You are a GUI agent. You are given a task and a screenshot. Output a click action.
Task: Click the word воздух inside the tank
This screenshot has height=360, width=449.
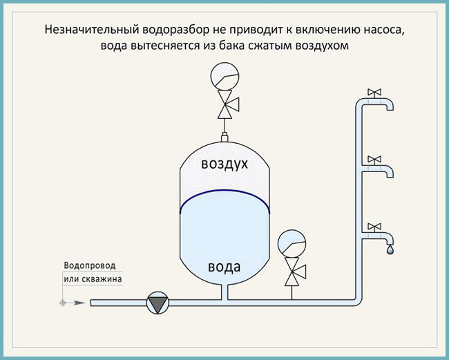(224, 164)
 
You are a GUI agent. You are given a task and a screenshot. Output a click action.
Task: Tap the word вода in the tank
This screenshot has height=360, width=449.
(224, 267)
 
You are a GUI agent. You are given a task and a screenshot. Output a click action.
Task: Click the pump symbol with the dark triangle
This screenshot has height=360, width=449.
(157, 303)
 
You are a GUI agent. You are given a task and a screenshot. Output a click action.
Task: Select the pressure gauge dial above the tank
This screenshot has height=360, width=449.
(224, 77)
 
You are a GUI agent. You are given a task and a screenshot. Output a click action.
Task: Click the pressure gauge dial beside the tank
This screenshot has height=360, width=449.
(292, 243)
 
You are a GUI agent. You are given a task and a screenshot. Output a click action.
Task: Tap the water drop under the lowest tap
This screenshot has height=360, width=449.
(390, 249)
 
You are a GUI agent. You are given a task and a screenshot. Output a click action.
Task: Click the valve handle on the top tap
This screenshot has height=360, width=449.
(374, 92)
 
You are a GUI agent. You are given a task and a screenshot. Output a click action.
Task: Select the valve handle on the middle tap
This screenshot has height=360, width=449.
(374, 159)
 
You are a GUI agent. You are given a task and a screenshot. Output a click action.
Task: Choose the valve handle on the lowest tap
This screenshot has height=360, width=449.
(374, 227)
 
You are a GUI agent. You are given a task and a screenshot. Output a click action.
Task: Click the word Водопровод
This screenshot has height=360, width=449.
(90, 266)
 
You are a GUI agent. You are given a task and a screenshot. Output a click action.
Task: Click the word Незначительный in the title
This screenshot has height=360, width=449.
(92, 30)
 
